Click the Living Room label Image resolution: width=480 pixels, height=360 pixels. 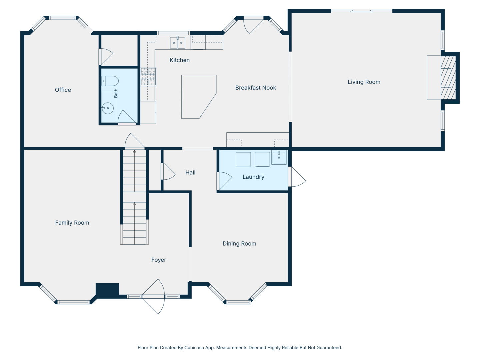(x=364, y=82)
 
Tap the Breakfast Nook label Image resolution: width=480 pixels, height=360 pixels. (x=255, y=88)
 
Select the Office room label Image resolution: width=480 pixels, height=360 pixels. (x=63, y=90)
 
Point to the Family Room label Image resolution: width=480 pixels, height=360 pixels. (x=72, y=223)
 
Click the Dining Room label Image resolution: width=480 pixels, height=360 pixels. (x=239, y=243)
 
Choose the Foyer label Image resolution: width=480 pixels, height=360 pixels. (x=159, y=260)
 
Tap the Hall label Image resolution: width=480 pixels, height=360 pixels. (x=190, y=172)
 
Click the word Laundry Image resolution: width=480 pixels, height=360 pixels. (x=253, y=177)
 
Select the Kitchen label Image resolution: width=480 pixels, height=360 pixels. (x=180, y=60)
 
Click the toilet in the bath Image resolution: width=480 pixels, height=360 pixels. (x=110, y=81)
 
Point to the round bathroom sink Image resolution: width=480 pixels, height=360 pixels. (x=108, y=108)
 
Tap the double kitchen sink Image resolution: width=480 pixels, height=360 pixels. (x=178, y=42)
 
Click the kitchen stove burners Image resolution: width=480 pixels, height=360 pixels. (x=148, y=77)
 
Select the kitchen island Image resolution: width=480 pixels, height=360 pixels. (x=197, y=96)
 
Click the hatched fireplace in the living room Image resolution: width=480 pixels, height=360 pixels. (x=448, y=78)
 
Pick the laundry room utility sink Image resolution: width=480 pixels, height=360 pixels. (x=279, y=157)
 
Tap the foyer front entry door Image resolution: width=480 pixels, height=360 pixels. (x=153, y=297)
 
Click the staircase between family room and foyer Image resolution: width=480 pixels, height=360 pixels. (x=134, y=197)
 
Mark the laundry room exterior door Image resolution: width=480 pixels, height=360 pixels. (x=297, y=177)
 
